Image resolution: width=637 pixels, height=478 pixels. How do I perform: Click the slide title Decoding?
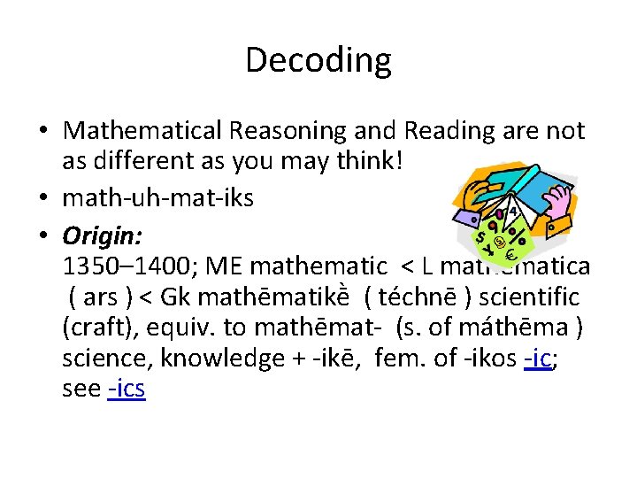(x=318, y=60)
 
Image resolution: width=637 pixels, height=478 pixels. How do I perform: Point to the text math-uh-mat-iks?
(x=158, y=197)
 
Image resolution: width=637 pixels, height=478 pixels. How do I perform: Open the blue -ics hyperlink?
(x=126, y=389)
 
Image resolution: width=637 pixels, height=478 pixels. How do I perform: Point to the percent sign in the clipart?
(x=517, y=239)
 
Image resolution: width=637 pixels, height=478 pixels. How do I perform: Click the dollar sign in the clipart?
(x=480, y=240)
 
